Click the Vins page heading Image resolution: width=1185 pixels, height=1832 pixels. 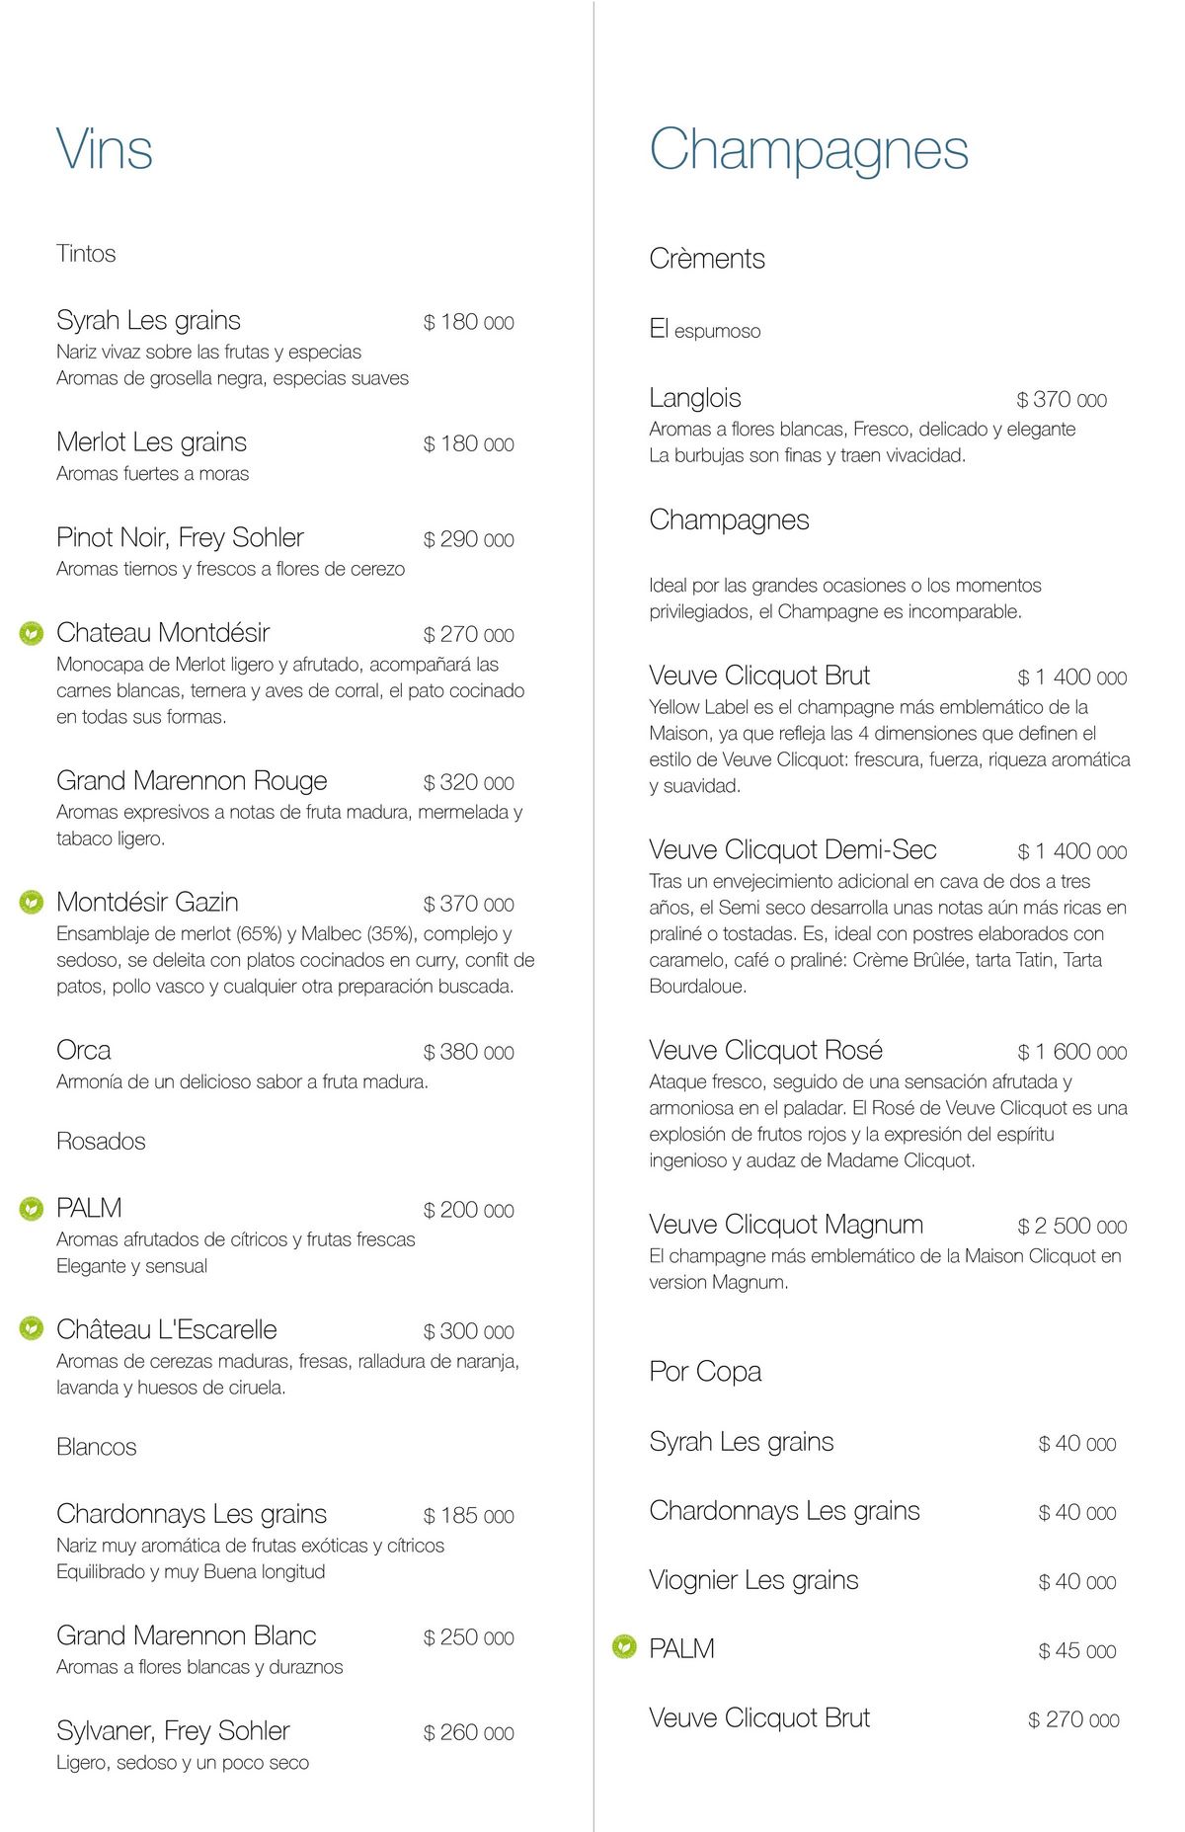[x=105, y=150]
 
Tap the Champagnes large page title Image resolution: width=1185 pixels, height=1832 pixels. [x=809, y=150]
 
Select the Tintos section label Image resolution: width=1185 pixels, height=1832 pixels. [x=86, y=254]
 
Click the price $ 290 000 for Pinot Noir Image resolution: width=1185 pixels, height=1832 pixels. [x=468, y=539]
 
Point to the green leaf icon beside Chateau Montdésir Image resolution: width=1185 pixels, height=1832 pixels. [x=32, y=632]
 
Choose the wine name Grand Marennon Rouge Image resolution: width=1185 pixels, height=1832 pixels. [x=192, y=781]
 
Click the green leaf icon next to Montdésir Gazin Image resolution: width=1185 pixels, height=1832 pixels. [x=32, y=902]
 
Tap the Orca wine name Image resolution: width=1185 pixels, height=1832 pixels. [x=84, y=1050]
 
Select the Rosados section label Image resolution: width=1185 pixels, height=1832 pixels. [x=101, y=1142]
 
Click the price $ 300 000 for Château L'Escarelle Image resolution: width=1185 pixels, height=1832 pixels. [x=468, y=1331]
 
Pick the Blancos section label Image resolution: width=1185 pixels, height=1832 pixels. [x=97, y=1447]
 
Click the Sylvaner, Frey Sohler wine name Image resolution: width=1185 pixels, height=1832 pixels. [x=173, y=1731]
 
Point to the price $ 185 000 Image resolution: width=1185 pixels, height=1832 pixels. [x=468, y=1516]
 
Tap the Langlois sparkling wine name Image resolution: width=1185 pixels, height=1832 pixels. [x=695, y=398]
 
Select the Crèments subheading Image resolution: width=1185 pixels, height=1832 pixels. [x=707, y=259]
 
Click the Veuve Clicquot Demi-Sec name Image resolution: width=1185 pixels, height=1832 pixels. [x=793, y=849]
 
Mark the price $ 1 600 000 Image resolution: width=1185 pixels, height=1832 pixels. [x=1071, y=1052]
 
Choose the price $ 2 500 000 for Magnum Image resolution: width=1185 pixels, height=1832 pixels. [x=1071, y=1227]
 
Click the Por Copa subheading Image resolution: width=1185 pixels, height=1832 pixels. [x=705, y=1372]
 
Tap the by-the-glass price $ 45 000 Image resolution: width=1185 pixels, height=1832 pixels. [x=1076, y=1651]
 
